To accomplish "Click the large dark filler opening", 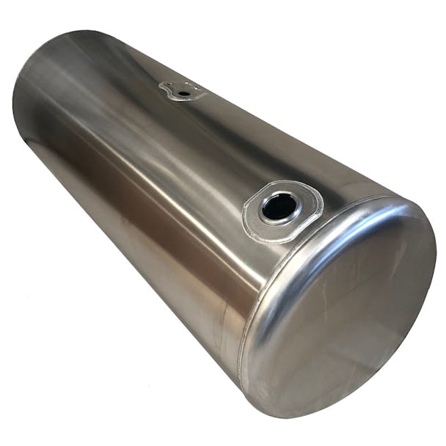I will pyautogui.click(x=279, y=207).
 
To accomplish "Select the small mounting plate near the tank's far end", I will pyautogui.click(x=180, y=90).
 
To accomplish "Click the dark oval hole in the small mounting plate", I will pyautogui.click(x=183, y=93).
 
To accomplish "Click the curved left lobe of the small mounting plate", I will pyautogui.click(x=164, y=89).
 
